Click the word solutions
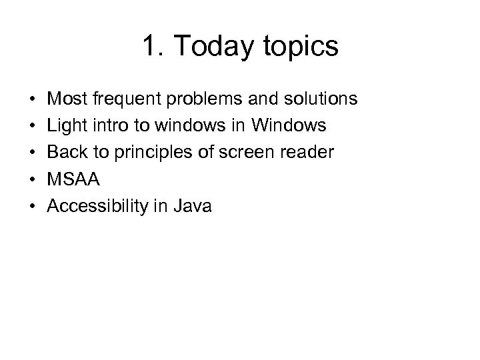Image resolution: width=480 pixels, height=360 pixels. [323, 99]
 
